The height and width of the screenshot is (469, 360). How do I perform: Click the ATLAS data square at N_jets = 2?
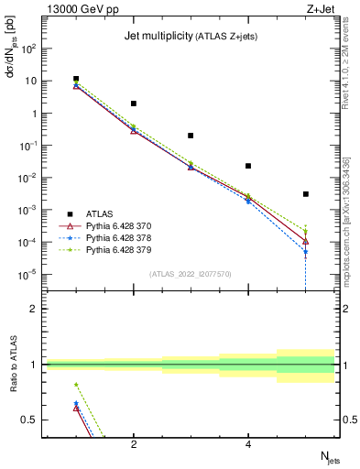point(134,104)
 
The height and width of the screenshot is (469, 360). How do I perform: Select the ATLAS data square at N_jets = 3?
point(191,136)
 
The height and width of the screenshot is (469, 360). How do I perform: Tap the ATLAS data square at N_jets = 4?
point(248,166)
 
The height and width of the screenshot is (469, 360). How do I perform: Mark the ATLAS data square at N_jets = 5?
point(305,194)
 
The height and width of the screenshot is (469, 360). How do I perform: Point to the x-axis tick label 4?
point(248,444)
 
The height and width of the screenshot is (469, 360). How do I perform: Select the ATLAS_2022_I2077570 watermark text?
point(190,273)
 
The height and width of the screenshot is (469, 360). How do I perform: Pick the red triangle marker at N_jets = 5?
point(305,241)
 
